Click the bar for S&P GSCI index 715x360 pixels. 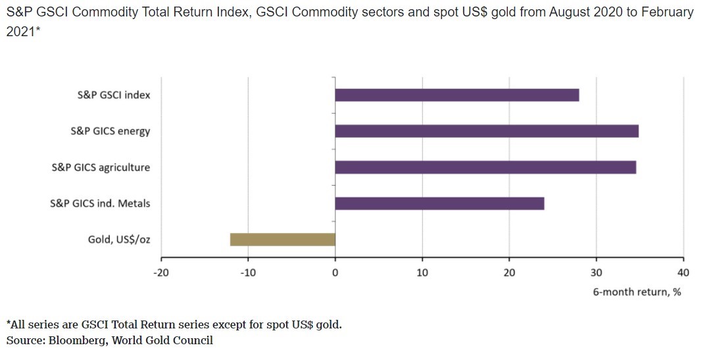(456, 95)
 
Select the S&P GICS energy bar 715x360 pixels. (486, 131)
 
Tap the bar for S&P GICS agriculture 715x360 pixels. (485, 167)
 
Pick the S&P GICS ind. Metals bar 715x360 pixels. (439, 203)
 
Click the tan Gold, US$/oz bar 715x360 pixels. (282, 239)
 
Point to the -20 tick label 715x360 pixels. (161, 272)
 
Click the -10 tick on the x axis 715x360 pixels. (248, 272)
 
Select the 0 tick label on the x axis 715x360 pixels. (335, 272)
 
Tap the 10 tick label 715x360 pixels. (422, 272)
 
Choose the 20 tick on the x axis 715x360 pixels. (509, 272)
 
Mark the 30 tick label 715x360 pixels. (596, 272)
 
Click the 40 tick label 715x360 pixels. (683, 272)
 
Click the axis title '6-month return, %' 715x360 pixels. (637, 292)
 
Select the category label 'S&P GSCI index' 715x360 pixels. (114, 95)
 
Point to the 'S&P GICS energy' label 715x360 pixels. (111, 131)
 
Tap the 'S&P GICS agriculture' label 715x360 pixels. (101, 167)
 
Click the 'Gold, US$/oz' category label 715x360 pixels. (119, 240)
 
